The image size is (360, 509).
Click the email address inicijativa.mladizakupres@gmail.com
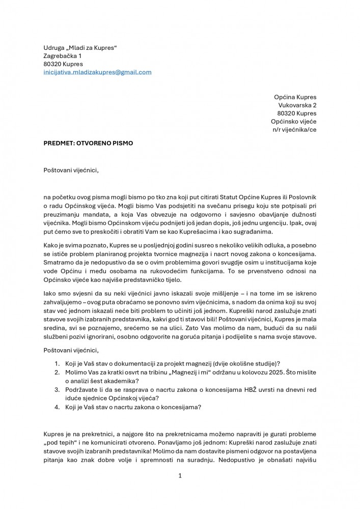97,72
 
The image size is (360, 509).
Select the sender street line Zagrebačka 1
62,55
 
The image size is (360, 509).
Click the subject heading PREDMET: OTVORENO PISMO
88,144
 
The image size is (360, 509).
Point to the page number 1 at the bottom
180,475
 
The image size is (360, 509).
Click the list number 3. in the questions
57,389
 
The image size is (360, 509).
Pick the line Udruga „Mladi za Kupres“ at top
80,47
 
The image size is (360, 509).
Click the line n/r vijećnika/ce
294,129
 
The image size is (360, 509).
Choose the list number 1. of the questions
57,363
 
